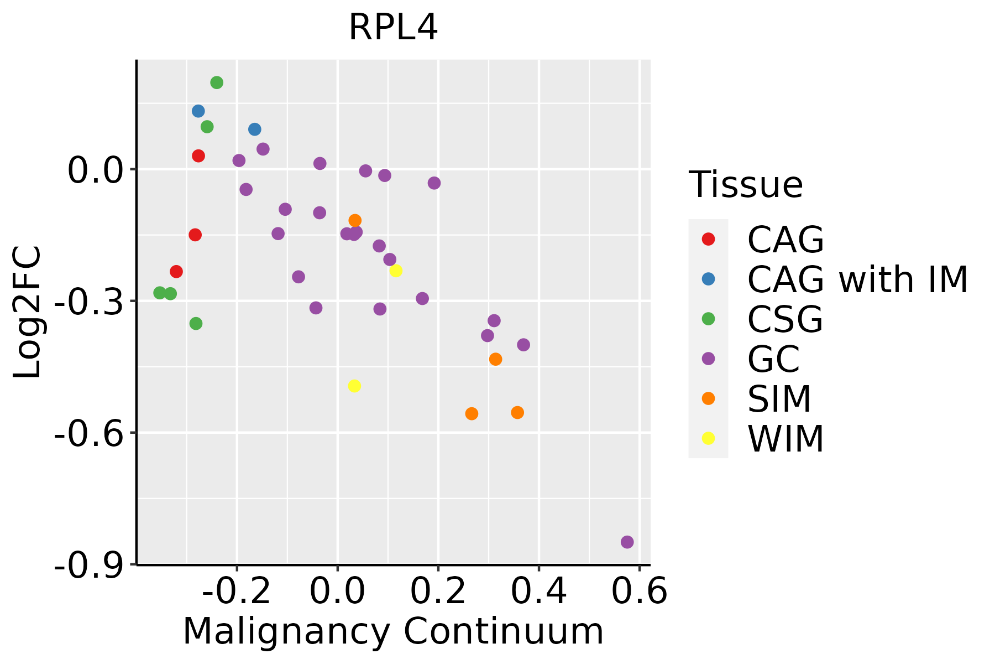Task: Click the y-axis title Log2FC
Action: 28,313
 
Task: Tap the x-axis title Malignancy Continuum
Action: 393,631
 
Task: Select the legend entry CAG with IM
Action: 857,279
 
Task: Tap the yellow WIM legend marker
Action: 708,438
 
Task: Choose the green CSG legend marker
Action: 708,319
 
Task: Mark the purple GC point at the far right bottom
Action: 627,542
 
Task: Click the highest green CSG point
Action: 217,82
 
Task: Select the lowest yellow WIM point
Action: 355,386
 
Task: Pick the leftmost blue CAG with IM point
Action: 198,111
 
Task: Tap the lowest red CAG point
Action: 176,272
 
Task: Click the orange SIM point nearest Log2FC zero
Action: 355,220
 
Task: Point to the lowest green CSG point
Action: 196,323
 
